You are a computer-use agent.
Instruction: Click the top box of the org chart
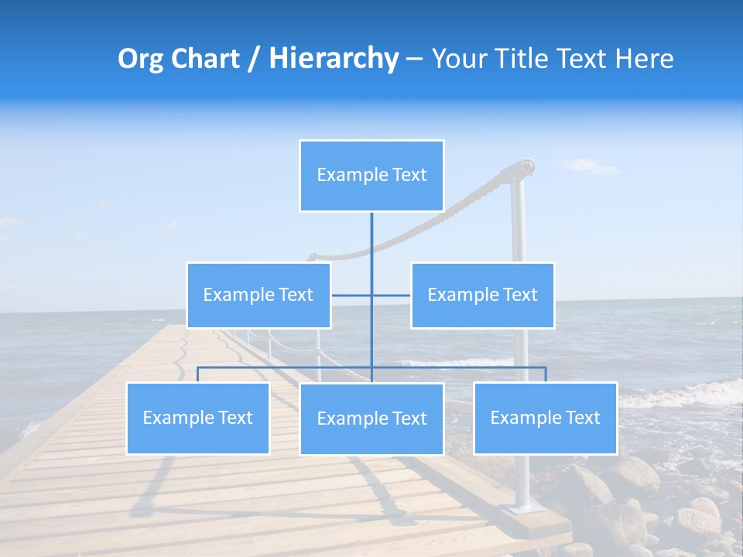(371, 176)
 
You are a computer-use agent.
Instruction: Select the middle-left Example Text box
(259, 295)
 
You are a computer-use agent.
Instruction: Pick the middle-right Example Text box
(482, 295)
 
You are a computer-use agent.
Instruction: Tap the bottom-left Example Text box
(198, 418)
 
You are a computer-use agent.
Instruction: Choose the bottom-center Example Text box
(371, 419)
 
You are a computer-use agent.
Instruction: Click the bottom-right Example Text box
(546, 418)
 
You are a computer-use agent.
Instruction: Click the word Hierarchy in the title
(334, 59)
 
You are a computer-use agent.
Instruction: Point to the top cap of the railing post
(527, 165)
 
